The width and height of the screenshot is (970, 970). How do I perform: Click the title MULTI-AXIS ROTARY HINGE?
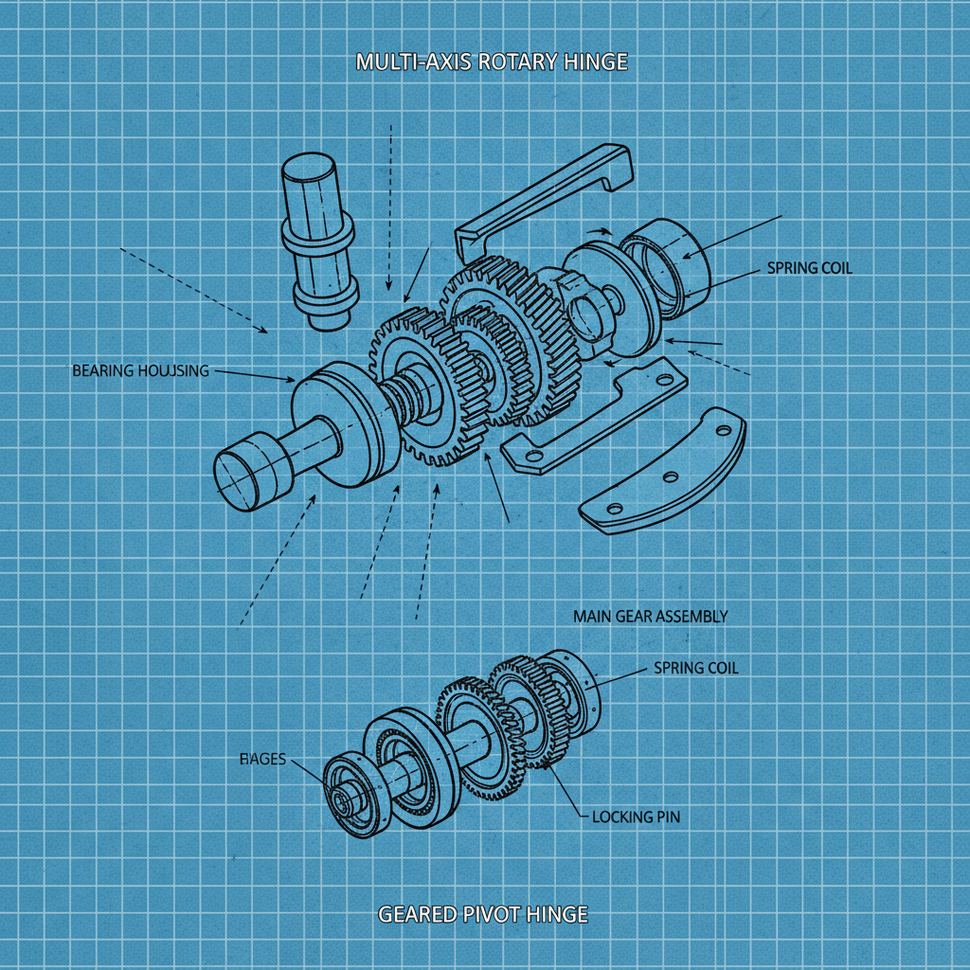pyautogui.click(x=491, y=63)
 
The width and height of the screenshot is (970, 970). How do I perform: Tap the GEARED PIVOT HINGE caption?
pyautogui.click(x=483, y=915)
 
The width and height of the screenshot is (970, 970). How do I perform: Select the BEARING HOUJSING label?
pyautogui.click(x=140, y=370)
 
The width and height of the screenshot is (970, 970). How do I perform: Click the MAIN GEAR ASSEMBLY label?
pyautogui.click(x=650, y=616)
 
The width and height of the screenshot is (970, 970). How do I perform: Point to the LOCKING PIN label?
pyautogui.click(x=635, y=817)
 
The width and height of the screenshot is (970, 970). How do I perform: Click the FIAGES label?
pyautogui.click(x=262, y=760)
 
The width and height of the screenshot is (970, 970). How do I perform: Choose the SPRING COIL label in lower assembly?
pyautogui.click(x=695, y=668)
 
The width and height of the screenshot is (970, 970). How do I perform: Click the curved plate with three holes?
pyautogui.click(x=663, y=474)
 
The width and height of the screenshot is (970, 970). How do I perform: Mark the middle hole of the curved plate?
pyautogui.click(x=670, y=476)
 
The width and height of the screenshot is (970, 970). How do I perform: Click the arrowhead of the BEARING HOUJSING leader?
pyautogui.click(x=292, y=381)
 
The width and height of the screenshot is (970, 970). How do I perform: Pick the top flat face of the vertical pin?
pyautogui.click(x=310, y=171)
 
